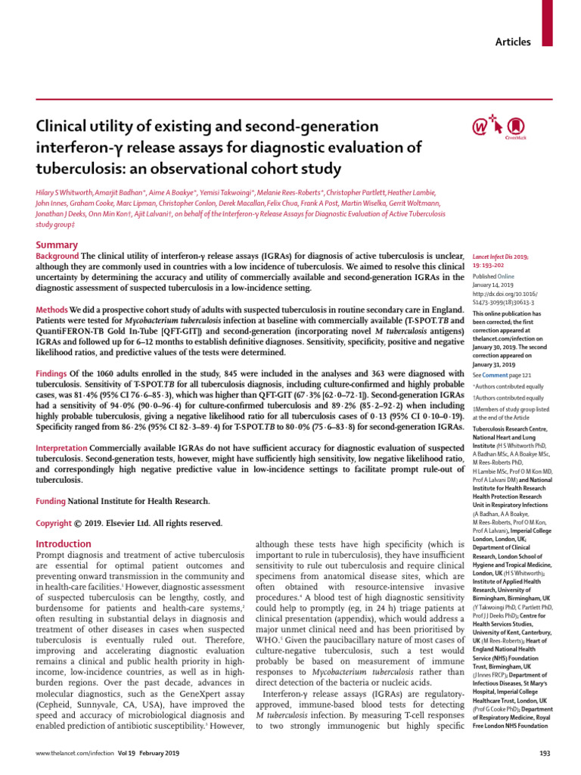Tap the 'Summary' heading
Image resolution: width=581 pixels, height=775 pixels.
pyautogui.click(x=57, y=244)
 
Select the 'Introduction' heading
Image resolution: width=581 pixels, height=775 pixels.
pyautogui.click(x=64, y=543)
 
